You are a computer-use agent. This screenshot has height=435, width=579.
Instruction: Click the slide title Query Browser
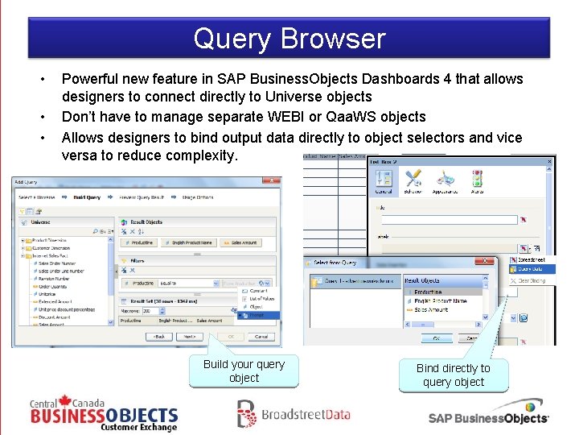[x=289, y=39]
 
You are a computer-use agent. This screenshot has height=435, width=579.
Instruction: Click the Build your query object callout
[x=244, y=371]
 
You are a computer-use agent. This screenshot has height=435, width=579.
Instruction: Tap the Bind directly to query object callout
[x=453, y=375]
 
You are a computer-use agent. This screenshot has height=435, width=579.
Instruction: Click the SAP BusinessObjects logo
[x=488, y=413]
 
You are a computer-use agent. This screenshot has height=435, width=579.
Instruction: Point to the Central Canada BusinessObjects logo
[x=104, y=414]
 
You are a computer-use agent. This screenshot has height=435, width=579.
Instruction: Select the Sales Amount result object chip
[x=242, y=242]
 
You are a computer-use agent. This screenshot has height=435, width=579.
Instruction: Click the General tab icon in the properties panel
[x=384, y=180]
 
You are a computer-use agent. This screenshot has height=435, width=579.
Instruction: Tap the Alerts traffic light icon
[x=477, y=180]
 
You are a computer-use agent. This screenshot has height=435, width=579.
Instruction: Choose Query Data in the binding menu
[x=531, y=270]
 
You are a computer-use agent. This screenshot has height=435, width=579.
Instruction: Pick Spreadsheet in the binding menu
[x=531, y=260]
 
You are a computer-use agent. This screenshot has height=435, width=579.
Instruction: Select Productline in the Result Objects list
[x=428, y=292]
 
